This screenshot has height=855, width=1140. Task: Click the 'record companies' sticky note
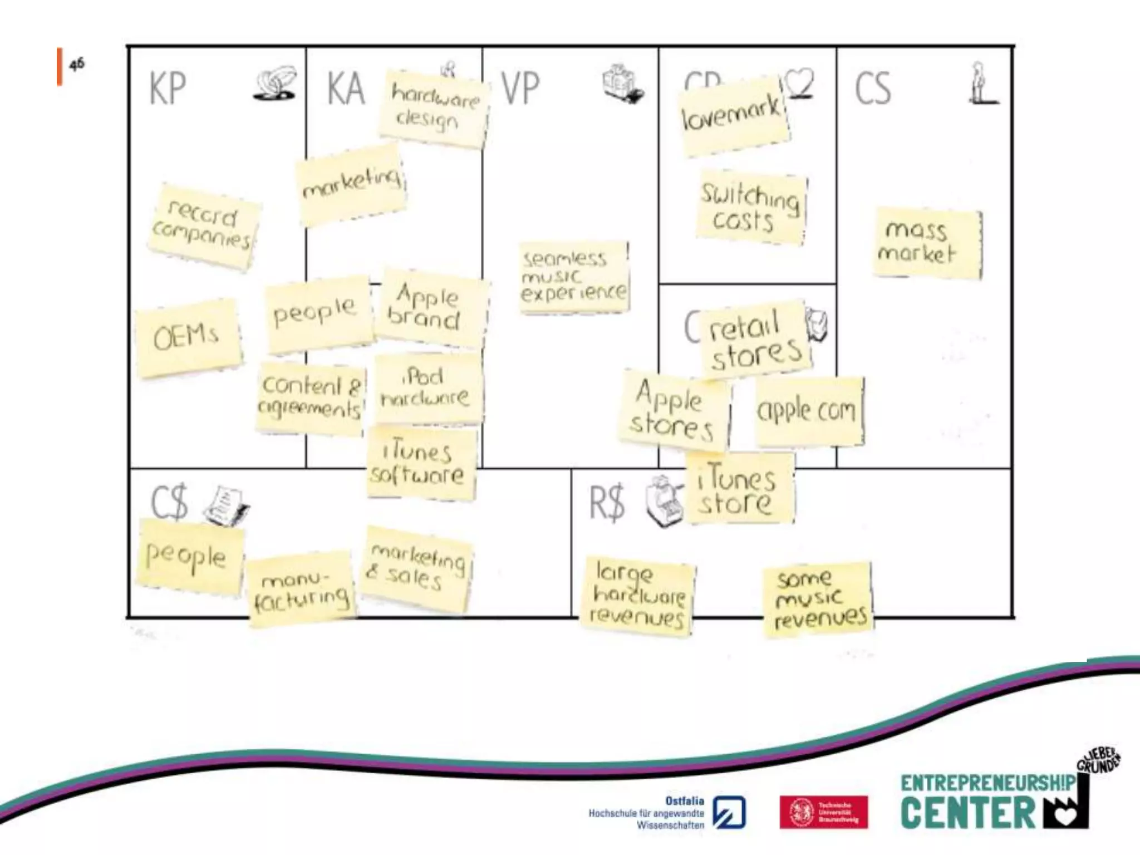203,227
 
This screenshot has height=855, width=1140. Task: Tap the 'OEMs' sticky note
188,337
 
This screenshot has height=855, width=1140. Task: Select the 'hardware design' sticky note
433,109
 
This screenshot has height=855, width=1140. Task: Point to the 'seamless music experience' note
573,277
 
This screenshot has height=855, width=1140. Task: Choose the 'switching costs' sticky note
750,208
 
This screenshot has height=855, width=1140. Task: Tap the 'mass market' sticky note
927,243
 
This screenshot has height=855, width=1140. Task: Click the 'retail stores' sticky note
754,339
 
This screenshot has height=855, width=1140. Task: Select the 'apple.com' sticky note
809,411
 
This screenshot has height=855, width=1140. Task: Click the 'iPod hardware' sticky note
427,387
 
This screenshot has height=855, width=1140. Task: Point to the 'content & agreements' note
311,397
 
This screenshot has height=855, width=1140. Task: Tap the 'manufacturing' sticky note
301,589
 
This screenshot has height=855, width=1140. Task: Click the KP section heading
168,89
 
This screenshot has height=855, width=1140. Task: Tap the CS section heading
872,89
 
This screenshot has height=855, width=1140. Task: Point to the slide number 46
77,65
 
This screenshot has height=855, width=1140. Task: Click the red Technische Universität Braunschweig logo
823,812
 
